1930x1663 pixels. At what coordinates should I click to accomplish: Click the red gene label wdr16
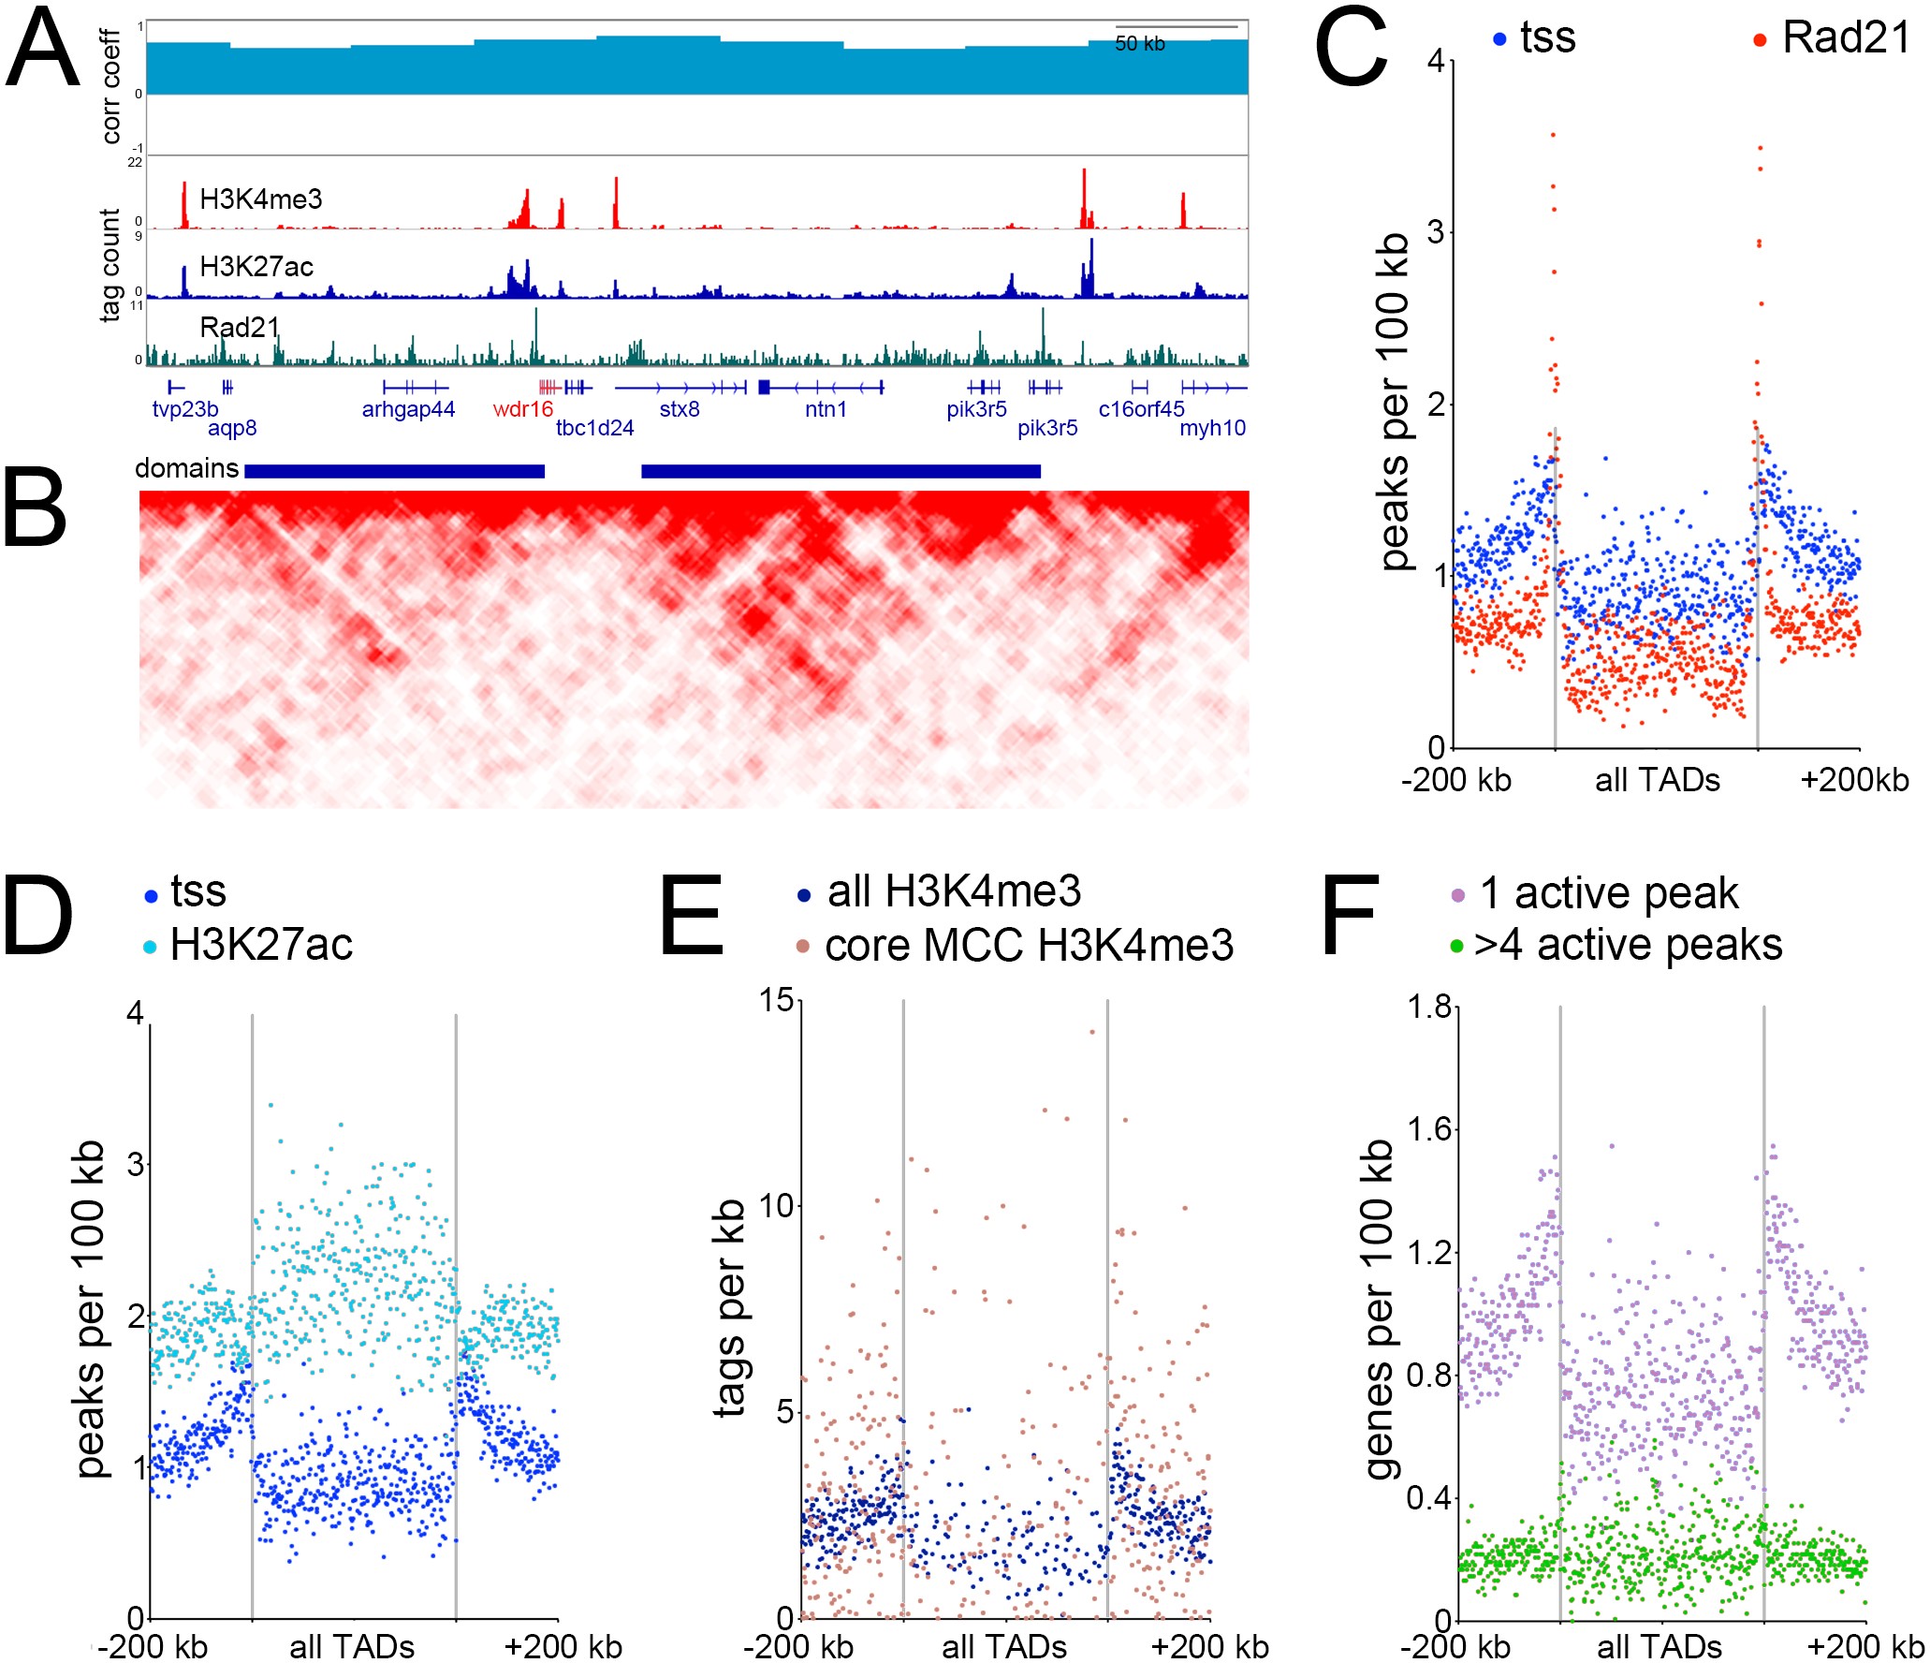click(x=522, y=409)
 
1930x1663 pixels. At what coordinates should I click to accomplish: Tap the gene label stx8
click(x=680, y=409)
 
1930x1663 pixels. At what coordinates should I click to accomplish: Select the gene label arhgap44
click(x=408, y=409)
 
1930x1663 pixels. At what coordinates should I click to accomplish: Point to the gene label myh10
click(x=1212, y=429)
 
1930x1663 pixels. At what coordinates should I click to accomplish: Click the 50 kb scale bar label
click(x=1139, y=44)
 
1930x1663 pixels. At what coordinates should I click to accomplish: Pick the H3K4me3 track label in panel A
click(x=260, y=199)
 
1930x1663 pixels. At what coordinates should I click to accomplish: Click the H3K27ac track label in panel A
click(x=256, y=267)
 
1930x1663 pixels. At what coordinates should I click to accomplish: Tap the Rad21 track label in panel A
click(x=240, y=327)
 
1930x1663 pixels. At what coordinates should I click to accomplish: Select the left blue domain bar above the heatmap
click(x=394, y=471)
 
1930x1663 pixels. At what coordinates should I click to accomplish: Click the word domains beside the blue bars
click(x=186, y=468)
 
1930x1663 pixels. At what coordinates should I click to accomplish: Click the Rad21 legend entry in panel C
click(x=1844, y=38)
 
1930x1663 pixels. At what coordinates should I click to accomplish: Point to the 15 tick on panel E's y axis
click(x=777, y=1001)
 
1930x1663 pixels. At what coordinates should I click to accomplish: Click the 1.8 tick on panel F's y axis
click(x=1429, y=1007)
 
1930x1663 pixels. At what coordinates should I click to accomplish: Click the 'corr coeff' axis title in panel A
click(x=111, y=86)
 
